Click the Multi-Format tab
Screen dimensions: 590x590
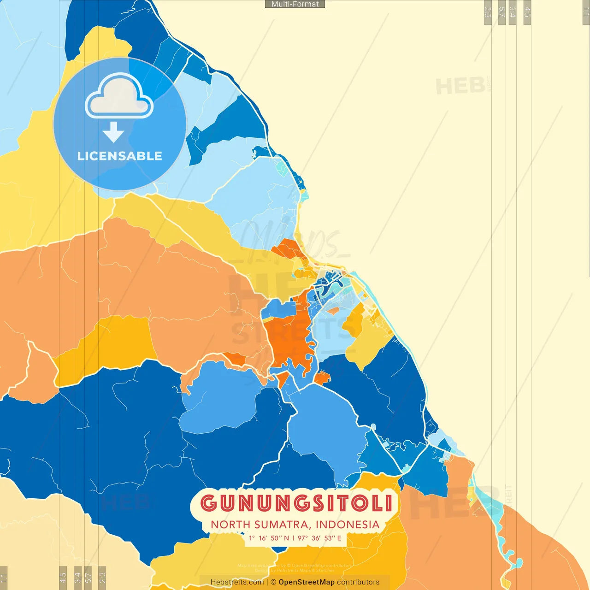[295, 4]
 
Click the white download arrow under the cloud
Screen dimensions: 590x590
[113, 132]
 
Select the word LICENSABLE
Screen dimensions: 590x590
[120, 156]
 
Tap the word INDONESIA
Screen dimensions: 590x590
[348, 525]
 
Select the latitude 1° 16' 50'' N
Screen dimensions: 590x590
[269, 538]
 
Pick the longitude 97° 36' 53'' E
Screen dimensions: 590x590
[319, 538]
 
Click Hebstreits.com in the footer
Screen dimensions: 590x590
[237, 582]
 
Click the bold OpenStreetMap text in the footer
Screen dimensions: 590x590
[307, 582]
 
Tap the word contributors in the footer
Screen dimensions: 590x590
[358, 582]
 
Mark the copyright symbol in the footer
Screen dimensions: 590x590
[273, 582]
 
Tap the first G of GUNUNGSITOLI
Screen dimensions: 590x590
[209, 503]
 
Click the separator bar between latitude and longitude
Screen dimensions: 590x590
[293, 538]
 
